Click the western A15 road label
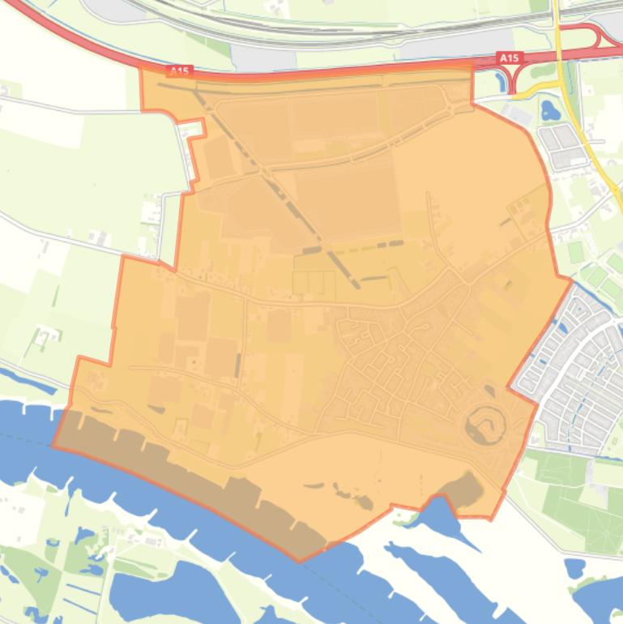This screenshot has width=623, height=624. click(179, 71)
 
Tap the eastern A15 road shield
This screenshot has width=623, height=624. click(509, 58)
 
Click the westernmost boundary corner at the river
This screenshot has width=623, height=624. click(53, 445)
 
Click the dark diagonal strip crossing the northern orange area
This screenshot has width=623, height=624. click(275, 186)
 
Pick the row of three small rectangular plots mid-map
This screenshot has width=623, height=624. click(314, 282)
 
